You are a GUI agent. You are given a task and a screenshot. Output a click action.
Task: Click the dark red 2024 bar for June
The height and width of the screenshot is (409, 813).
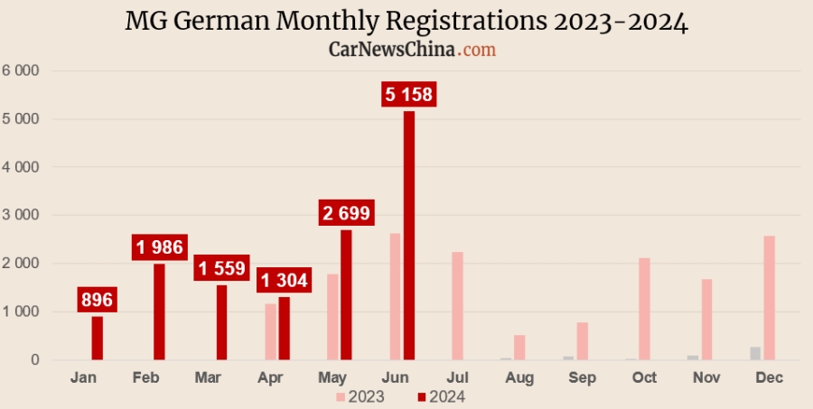coord(409,236)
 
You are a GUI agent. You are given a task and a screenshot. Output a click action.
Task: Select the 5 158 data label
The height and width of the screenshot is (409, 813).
coord(409,94)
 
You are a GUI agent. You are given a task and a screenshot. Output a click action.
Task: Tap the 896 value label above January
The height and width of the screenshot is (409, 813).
coord(97,300)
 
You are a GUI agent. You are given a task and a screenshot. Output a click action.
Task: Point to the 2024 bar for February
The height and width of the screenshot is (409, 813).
coord(159,311)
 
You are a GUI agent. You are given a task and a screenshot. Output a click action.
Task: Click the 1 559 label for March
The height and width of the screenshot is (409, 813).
coord(222,268)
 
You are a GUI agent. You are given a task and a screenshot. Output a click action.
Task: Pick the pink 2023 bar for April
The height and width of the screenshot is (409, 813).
coord(271,331)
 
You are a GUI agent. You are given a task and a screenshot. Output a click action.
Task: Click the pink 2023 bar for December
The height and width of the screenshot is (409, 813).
coord(769,298)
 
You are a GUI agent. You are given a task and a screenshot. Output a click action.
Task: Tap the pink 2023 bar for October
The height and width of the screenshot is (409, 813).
coord(644,309)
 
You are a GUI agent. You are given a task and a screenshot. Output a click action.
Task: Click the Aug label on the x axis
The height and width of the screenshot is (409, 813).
coord(519,377)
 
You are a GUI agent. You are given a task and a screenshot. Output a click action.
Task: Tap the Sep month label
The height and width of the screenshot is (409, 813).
coord(582,377)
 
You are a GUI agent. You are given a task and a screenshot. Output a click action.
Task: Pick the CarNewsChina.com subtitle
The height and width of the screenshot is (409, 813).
coord(411,50)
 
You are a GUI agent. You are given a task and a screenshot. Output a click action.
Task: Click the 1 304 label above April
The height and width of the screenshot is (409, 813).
coord(284,280)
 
